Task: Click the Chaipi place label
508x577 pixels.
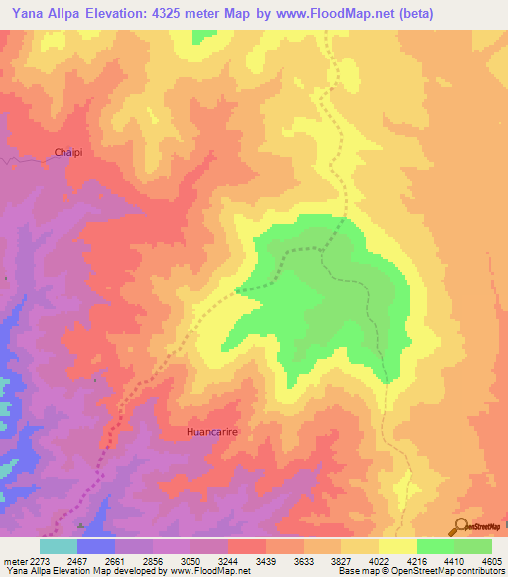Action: pos(69,152)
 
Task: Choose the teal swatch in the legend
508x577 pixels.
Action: pos(59,546)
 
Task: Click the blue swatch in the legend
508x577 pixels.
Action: pos(96,546)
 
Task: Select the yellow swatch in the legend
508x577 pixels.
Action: pos(398,546)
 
